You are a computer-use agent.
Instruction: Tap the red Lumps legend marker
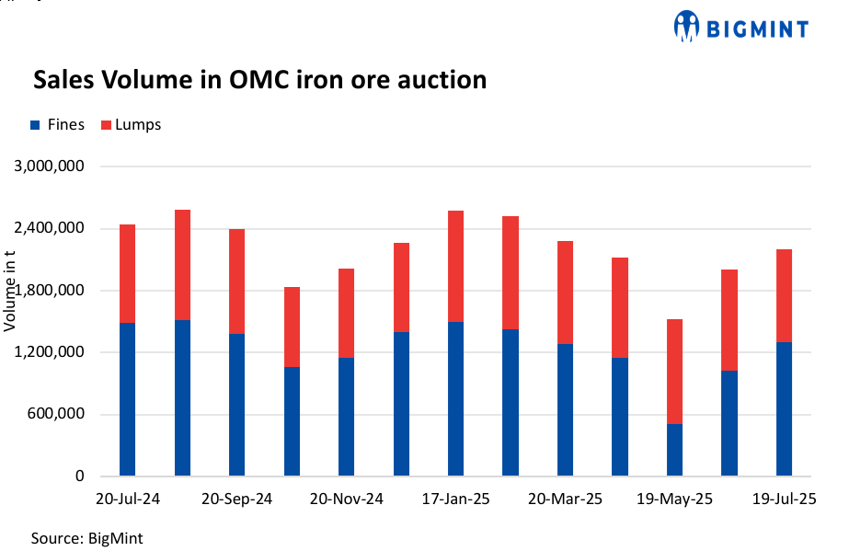106,125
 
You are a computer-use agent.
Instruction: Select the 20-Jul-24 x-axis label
128,499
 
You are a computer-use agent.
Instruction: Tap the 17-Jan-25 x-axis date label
454,499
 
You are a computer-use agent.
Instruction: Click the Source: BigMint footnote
86,537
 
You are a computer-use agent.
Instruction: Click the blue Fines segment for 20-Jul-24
127,399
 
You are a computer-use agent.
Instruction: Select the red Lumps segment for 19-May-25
675,372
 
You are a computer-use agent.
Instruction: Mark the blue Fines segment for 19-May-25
675,450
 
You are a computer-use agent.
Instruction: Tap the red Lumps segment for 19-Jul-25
784,295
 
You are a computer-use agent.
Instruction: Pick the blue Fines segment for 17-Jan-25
455,399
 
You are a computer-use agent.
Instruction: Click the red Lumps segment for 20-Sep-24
236,281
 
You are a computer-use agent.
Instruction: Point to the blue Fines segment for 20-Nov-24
346,417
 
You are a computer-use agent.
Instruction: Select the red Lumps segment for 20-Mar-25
565,293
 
